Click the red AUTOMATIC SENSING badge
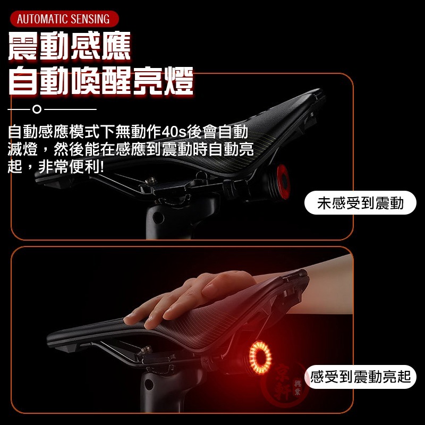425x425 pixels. [64, 20]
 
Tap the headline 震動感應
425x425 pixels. [70, 47]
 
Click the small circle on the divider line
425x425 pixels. [37, 110]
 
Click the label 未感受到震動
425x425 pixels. [360, 203]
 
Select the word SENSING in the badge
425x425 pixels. [89, 20]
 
